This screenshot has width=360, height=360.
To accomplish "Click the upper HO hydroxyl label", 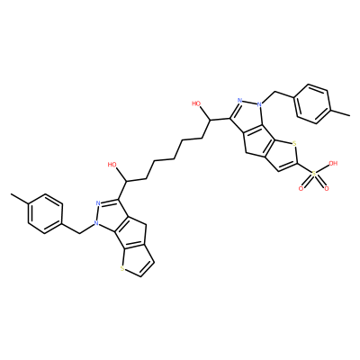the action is [196, 103].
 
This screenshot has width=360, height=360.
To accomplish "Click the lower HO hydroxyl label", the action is [112, 165].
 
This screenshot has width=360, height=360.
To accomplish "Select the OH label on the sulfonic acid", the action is [333, 164].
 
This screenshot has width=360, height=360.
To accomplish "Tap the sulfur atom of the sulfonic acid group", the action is [314, 174].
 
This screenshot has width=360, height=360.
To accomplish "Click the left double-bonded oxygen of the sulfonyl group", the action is [301, 189].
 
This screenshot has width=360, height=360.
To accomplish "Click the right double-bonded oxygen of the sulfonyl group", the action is [327, 189].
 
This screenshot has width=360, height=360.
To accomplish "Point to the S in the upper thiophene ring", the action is [294, 144].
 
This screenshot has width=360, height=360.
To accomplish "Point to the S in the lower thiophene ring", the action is [121, 268].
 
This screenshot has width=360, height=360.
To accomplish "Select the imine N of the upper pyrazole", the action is [239, 100].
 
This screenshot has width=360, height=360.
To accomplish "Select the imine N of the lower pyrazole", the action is [98, 203].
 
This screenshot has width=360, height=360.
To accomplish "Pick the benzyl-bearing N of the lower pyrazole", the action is [95, 223].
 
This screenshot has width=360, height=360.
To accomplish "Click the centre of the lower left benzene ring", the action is [45, 214].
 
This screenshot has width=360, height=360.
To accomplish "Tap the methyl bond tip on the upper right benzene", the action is [350, 115].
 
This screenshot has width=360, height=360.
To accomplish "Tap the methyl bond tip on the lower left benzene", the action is [11, 194].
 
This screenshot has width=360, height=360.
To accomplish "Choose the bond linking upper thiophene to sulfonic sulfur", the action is [304, 169].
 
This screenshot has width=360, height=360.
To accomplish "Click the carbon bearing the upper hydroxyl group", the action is [210, 121].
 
